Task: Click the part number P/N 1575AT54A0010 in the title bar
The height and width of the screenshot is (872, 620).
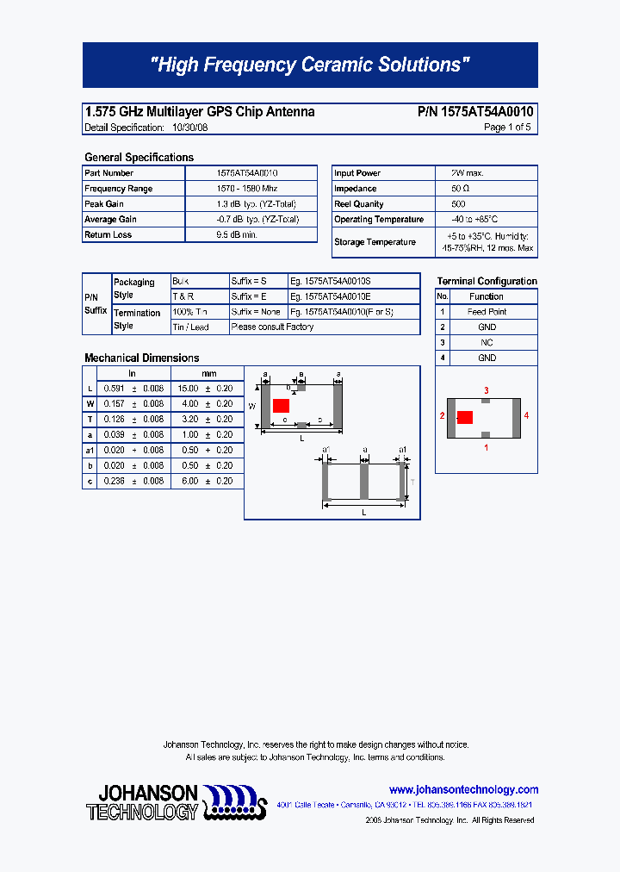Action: tap(475, 112)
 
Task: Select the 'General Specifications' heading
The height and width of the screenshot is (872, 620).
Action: tap(139, 158)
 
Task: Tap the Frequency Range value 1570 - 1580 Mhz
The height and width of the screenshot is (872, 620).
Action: tap(246, 189)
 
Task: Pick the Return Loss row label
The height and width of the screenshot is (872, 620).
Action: tap(108, 235)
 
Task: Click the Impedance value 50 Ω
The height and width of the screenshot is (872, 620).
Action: tap(459, 189)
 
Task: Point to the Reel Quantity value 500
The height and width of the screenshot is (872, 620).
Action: tap(458, 204)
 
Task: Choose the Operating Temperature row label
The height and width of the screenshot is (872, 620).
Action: tap(379, 220)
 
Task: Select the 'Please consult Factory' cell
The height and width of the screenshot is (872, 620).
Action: tap(272, 327)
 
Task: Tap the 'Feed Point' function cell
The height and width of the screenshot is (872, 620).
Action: tap(487, 312)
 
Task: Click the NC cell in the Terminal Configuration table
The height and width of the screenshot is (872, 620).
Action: tap(487, 343)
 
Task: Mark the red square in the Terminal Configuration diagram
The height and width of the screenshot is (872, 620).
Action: tap(465, 418)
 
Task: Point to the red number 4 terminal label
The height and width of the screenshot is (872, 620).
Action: tap(526, 415)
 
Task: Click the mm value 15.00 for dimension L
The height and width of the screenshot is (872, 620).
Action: tap(188, 389)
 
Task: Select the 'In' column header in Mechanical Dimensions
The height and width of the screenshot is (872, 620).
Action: tap(133, 374)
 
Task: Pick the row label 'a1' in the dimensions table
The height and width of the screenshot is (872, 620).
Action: tap(90, 451)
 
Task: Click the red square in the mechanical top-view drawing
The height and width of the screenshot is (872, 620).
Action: tap(281, 406)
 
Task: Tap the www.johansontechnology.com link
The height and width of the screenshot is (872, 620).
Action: tap(463, 790)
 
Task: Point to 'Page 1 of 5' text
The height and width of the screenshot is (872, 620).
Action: tap(507, 128)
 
